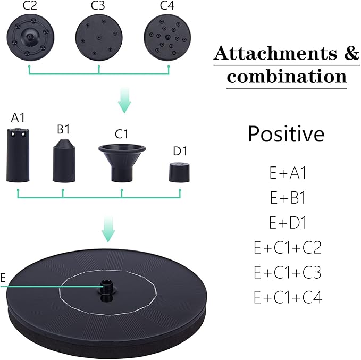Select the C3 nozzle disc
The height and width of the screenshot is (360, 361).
tap(98, 37)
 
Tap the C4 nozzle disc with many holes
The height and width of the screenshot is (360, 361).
tap(167, 37)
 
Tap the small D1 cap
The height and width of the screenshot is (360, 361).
tap(180, 172)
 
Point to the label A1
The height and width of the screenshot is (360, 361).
tap(18, 116)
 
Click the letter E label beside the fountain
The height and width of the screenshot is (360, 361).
tap(3, 279)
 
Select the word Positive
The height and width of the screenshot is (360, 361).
tap(286, 134)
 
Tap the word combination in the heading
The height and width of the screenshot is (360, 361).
tap(287, 76)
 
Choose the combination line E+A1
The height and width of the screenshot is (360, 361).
tap(287, 173)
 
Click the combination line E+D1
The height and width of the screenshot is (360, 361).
tap(287, 223)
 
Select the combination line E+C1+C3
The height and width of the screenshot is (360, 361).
tap(287, 272)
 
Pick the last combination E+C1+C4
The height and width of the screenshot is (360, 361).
tap(287, 297)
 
